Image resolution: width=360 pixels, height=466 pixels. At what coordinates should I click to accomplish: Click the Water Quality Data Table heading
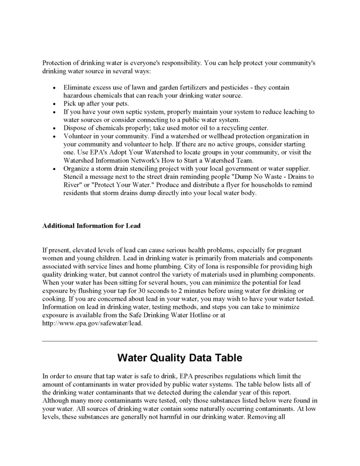(x=180, y=358)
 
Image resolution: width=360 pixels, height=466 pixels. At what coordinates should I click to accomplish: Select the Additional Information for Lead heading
(x=91, y=226)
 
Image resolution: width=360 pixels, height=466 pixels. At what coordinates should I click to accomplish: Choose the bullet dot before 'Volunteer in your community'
(x=55, y=137)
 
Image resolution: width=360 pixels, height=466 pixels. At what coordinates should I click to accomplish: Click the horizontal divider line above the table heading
(x=180, y=341)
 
